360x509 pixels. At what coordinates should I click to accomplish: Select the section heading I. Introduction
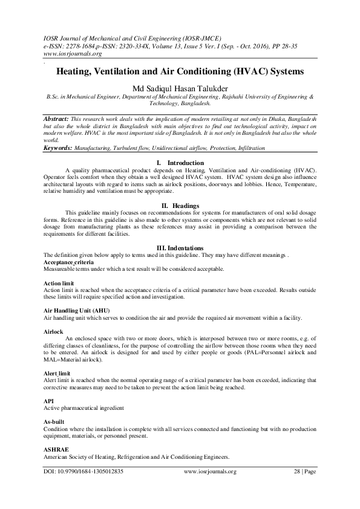180,163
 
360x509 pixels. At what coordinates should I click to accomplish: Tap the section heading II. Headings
180,206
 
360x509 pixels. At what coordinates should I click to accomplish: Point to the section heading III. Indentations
180,248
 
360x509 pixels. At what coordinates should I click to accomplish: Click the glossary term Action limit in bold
59,283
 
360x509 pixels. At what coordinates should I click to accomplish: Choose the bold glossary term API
48,400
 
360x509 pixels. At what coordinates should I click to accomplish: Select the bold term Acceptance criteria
68,264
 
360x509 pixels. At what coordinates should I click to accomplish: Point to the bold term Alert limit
58,374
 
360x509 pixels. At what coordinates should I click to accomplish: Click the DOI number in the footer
86,472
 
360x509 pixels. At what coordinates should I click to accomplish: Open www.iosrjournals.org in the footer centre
209,472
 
